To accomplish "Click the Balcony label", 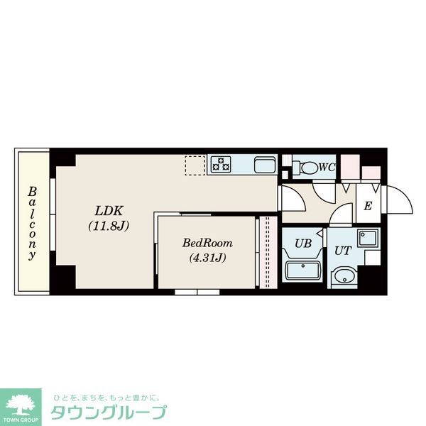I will tap(33, 224).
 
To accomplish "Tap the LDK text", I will tap(109, 211).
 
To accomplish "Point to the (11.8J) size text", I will tap(109, 226).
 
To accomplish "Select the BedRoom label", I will tap(207, 243).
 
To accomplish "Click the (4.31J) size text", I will tap(207, 258).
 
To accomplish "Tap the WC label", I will tap(327, 168).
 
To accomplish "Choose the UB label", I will tap(303, 244).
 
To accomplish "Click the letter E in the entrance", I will tap(368, 207).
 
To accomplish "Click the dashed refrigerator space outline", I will tap(195, 165).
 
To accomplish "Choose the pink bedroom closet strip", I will tap(268, 252).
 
